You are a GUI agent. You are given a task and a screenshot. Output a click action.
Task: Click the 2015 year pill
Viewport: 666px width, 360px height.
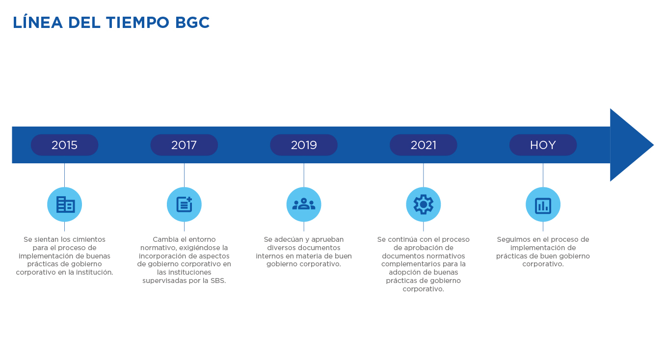[64, 145]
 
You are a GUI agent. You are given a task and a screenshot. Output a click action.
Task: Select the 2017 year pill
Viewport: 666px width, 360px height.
[184, 145]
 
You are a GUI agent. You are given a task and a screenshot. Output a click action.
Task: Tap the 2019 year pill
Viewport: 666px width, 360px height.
[304, 145]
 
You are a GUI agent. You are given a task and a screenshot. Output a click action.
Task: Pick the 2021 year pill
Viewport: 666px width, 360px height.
[424, 145]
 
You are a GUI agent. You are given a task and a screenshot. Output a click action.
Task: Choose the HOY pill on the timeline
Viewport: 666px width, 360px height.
[543, 145]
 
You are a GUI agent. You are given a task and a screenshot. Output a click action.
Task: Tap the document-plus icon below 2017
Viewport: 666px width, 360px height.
[184, 205]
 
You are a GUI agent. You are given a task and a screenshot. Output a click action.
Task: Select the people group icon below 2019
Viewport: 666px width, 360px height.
[304, 205]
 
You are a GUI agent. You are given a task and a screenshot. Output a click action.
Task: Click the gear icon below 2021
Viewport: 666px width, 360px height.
[424, 205]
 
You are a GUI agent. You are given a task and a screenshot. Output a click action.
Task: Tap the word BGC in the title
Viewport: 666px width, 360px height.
[192, 23]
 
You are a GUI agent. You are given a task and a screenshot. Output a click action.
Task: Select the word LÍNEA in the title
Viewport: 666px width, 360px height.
[38, 22]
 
